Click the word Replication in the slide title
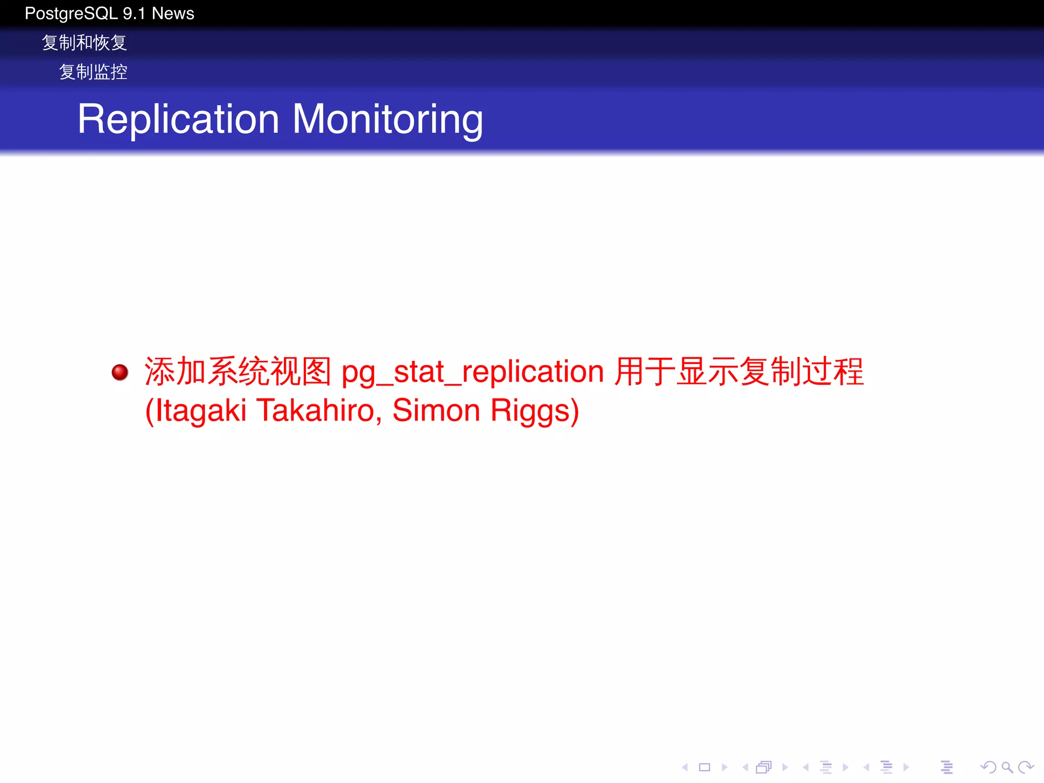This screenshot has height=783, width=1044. tap(178, 119)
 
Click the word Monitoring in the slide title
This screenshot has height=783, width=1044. tap(387, 119)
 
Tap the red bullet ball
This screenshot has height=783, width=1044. tap(120, 372)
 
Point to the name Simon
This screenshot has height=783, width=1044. tap(436, 410)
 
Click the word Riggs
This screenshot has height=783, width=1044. tap(535, 410)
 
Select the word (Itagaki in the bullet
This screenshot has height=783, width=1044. tap(196, 410)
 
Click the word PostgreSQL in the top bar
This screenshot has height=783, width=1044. tap(71, 13)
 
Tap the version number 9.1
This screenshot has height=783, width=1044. tap(134, 13)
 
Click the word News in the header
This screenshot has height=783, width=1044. tap(173, 13)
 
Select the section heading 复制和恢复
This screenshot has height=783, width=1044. tap(84, 43)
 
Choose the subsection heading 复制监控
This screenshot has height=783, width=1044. tap(93, 72)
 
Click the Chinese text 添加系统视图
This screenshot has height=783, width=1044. tap(238, 371)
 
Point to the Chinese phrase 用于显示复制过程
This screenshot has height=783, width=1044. tap(739, 371)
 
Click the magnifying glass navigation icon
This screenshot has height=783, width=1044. tap(1007, 767)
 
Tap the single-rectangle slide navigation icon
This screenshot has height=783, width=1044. tap(704, 767)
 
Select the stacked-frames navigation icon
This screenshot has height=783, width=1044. tap(764, 767)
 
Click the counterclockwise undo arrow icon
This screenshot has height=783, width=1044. tap(988, 767)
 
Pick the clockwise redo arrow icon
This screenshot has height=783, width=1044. tap(1026, 767)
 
